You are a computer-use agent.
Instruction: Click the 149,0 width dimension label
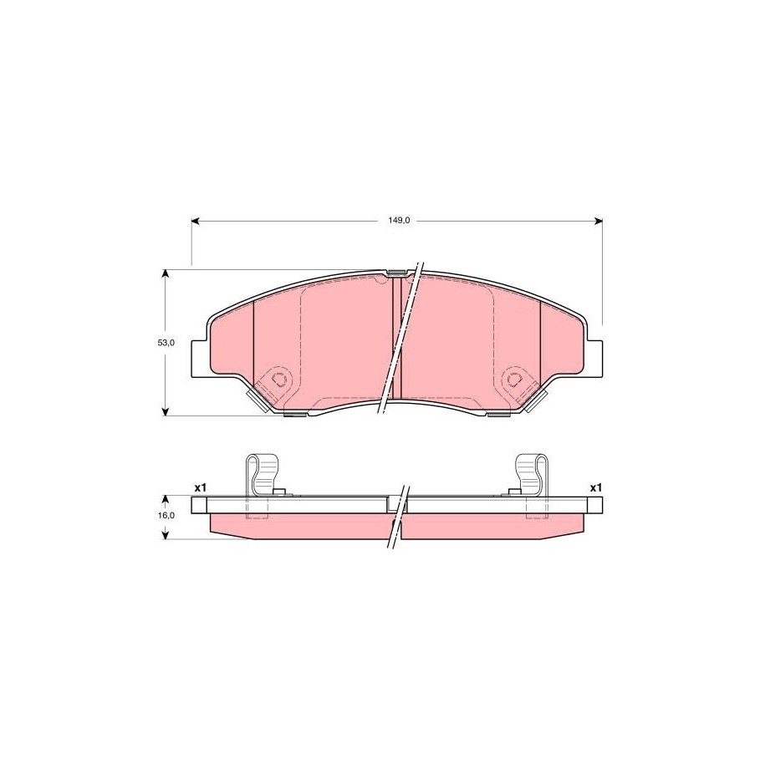(x=399, y=221)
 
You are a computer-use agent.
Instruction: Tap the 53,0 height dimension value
(x=166, y=343)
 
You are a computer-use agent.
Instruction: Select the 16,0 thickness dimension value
(x=166, y=515)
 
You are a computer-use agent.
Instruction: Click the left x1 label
(x=201, y=487)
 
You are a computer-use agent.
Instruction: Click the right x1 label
(x=596, y=487)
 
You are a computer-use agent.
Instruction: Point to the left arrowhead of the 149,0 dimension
(x=195, y=221)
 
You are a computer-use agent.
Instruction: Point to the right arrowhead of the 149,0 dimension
(x=598, y=221)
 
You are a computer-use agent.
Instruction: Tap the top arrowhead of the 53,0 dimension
(x=166, y=273)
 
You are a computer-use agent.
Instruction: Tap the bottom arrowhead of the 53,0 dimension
(x=166, y=411)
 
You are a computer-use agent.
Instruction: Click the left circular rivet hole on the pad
(x=279, y=378)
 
